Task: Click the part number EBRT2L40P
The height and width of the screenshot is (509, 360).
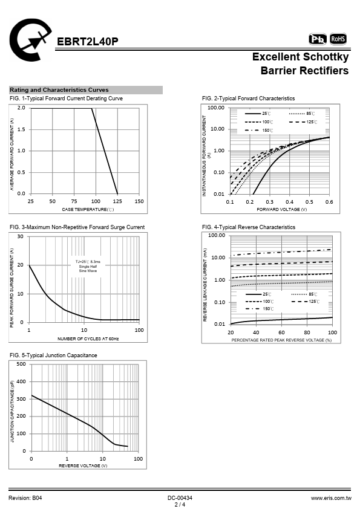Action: pos(87,42)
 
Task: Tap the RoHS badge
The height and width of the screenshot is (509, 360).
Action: pos(338,39)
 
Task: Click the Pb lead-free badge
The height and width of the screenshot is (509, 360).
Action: pos(318,39)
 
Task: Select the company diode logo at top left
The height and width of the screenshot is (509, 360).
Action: pos(30,40)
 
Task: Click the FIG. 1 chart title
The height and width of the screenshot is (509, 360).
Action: pos(67,99)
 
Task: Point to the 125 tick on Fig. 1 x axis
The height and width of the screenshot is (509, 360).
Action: pos(117,201)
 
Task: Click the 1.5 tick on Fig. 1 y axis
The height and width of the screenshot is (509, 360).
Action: pos(21,129)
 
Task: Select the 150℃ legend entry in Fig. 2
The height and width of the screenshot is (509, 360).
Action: pos(259,131)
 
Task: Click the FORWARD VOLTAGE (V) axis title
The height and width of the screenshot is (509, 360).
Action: pos(282,209)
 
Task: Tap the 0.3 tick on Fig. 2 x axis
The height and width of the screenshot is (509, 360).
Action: pos(270,202)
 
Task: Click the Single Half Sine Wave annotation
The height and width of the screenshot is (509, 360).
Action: pos(88,268)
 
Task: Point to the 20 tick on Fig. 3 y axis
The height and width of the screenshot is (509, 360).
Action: pos(20,265)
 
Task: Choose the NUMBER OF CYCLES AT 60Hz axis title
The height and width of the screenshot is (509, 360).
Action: pos(88,339)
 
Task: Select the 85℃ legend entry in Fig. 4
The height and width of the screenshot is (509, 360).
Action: pos(304,294)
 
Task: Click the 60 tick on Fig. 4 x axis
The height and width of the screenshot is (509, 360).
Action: pos(281,332)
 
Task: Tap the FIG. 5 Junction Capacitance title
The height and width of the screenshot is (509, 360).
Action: pos(53,355)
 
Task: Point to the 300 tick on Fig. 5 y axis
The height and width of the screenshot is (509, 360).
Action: pos(21,399)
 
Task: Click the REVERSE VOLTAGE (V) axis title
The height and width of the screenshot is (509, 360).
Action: pos(83,465)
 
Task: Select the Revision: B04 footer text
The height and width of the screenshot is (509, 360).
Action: pos(25,498)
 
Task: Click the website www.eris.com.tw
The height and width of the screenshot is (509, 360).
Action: pos(331,498)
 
